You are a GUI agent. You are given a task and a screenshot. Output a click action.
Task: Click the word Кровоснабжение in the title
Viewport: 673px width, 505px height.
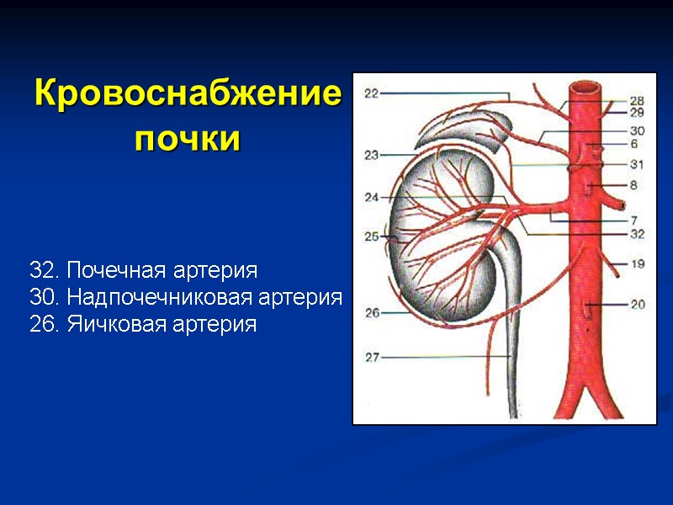(188, 93)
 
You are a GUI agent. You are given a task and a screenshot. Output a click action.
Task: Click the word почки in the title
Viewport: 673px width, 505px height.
(187, 137)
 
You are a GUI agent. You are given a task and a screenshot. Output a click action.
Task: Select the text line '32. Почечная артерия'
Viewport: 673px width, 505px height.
(143, 271)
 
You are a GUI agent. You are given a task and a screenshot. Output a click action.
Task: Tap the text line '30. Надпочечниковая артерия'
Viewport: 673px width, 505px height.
(185, 297)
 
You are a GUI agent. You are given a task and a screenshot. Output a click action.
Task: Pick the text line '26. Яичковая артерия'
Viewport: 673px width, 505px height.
(142, 324)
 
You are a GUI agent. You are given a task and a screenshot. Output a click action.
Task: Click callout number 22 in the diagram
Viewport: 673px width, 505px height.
(372, 94)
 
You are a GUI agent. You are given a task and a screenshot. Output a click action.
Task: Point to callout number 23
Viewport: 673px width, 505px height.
(372, 155)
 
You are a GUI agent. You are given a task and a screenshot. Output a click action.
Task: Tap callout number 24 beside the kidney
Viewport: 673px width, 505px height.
(372, 198)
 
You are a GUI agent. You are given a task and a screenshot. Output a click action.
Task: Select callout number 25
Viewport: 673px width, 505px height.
(372, 237)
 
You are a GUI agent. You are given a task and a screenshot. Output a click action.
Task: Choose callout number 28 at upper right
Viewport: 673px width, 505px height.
(637, 100)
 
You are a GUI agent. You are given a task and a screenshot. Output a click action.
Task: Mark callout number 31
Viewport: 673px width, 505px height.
(637, 165)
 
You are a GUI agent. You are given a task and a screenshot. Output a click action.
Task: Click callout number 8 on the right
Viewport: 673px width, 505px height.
(633, 184)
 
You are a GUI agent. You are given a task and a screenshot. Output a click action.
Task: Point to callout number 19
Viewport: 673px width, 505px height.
(637, 264)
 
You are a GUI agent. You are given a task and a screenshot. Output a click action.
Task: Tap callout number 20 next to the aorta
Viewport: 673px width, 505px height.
(637, 305)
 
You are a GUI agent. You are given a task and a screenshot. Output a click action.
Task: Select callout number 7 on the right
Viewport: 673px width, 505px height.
(633, 221)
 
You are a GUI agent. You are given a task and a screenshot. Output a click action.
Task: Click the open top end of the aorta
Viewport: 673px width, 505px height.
(586, 87)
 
